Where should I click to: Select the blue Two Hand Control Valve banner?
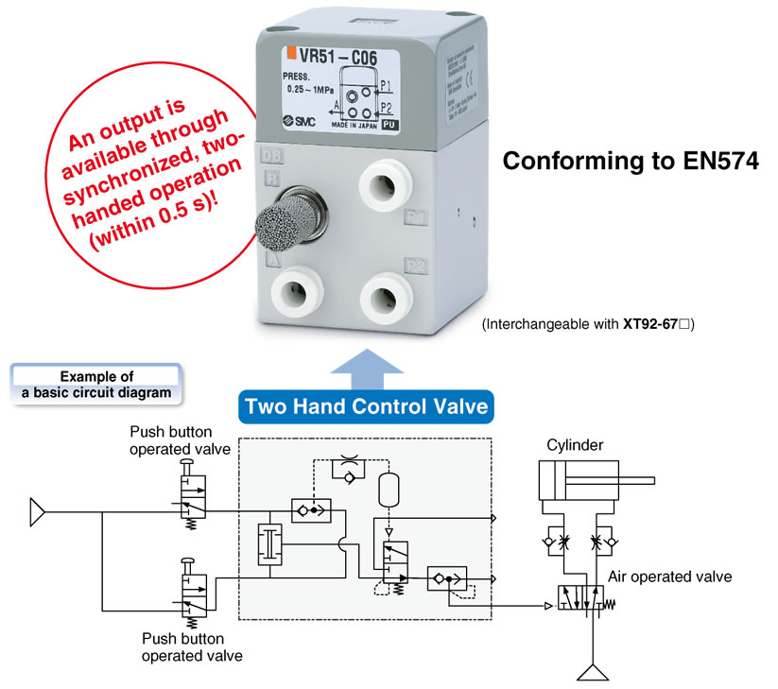(x=366, y=407)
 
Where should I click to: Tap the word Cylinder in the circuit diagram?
(x=575, y=444)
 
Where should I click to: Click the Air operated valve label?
(x=669, y=577)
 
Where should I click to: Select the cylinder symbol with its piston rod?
(x=586, y=482)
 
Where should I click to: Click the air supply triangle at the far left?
(x=37, y=513)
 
